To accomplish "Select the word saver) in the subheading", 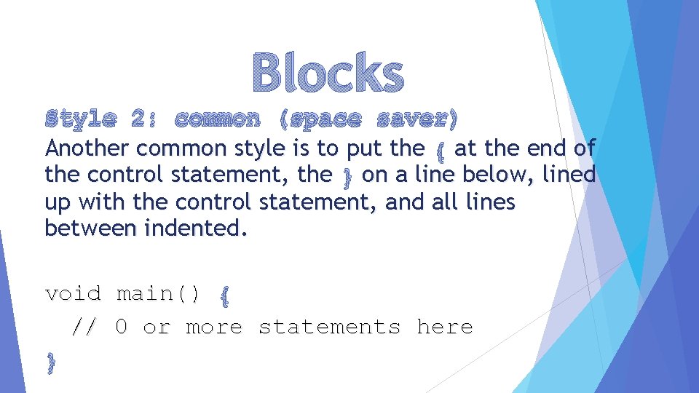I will (418, 118).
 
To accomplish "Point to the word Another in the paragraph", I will (87, 148).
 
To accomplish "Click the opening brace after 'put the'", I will (440, 150).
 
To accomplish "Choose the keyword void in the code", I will (73, 293).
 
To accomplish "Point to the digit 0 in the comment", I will (122, 327).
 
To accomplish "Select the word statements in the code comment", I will (329, 327).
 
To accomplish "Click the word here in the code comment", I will (444, 327).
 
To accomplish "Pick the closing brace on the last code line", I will (50, 362).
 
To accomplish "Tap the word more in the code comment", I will (214, 327).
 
